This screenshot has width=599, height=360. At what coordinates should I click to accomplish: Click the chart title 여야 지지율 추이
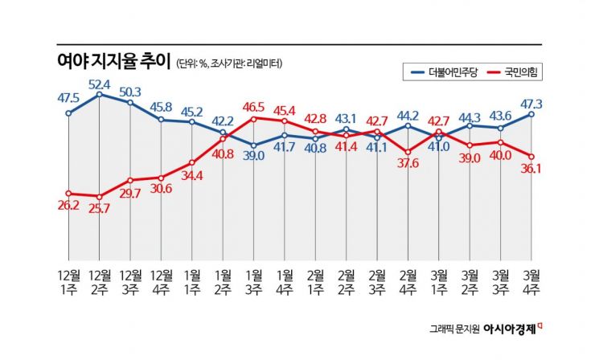[113, 63]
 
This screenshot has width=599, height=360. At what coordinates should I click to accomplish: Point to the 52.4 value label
[100, 83]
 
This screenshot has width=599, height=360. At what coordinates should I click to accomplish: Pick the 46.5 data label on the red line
[254, 106]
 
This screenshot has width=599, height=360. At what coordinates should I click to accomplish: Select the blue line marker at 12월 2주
[99, 95]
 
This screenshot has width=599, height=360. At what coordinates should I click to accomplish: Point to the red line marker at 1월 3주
[254, 119]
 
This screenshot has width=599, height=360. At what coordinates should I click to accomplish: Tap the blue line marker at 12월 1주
[68, 113]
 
